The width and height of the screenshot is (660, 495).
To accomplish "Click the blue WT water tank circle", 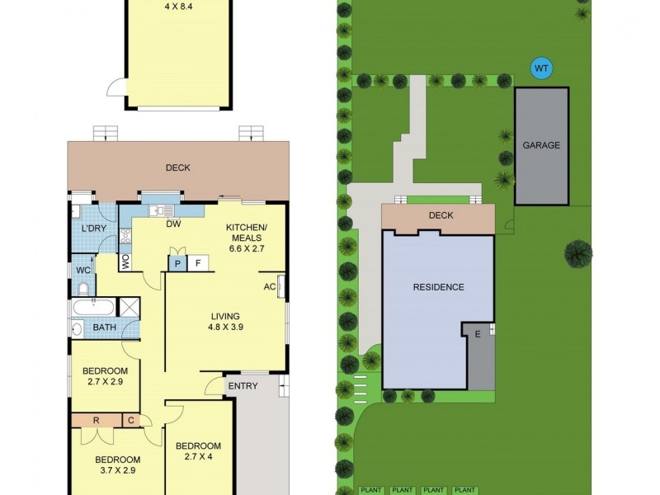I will (x=541, y=68).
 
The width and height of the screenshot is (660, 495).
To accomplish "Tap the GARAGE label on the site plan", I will (x=541, y=145).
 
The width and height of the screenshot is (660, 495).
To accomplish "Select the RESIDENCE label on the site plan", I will (x=438, y=287).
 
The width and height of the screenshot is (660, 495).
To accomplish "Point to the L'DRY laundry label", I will (x=92, y=229).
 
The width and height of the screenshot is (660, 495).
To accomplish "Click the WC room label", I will (x=82, y=270).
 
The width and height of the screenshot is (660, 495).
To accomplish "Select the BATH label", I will (x=104, y=328).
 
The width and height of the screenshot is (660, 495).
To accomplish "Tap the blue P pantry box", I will (x=178, y=263).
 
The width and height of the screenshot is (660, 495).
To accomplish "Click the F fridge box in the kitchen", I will (x=199, y=263).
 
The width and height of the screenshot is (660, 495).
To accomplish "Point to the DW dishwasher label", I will (x=174, y=224).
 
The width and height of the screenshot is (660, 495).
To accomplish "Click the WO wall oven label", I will (x=125, y=263).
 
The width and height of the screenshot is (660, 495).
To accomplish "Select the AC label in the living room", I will (x=270, y=287).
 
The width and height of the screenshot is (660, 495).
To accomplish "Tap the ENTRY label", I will (x=243, y=385).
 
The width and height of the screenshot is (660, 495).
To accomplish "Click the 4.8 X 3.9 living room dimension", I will (x=224, y=327).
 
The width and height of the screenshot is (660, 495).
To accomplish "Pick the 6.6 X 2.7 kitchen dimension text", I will (x=247, y=247).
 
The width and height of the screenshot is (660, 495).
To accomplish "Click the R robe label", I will (x=97, y=421).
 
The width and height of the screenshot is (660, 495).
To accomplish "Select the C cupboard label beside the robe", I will (x=130, y=421).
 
